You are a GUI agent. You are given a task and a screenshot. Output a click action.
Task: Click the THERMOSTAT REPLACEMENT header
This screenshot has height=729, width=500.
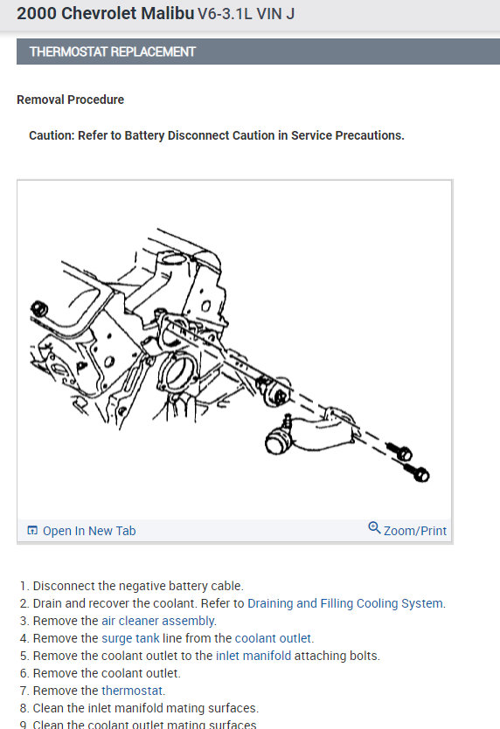click(x=113, y=52)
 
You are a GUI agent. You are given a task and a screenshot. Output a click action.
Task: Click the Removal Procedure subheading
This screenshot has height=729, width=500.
click(x=70, y=100)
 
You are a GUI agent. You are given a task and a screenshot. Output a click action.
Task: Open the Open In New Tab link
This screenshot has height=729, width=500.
click(x=88, y=531)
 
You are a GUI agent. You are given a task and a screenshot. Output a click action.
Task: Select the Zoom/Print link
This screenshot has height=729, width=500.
click(x=414, y=531)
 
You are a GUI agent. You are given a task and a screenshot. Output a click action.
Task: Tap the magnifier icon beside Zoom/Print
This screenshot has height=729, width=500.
click(x=374, y=528)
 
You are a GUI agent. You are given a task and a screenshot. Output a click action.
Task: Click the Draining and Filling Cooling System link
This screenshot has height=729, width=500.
click(x=345, y=603)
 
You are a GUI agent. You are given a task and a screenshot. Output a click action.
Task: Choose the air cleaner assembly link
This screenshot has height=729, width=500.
click(x=158, y=621)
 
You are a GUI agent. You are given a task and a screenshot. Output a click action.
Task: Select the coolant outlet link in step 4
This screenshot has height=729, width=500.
click(x=273, y=638)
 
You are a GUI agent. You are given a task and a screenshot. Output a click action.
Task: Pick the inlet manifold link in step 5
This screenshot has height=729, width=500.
click(x=253, y=656)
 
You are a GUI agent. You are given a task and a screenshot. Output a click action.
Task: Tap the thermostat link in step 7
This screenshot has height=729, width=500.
click(x=132, y=691)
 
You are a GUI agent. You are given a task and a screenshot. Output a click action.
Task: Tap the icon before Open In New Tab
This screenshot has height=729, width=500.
click(x=32, y=531)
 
